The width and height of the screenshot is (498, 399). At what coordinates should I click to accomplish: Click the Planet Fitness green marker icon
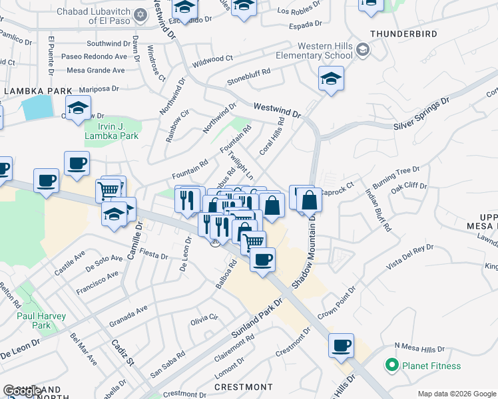coord(391,365)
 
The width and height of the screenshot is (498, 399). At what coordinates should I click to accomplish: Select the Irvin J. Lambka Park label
coord(111,131)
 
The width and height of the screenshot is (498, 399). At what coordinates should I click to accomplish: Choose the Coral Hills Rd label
coord(272,136)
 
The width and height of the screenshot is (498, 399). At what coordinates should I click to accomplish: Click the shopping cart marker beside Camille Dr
coord(108,190)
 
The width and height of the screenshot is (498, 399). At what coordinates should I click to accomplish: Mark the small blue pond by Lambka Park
coord(37,107)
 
